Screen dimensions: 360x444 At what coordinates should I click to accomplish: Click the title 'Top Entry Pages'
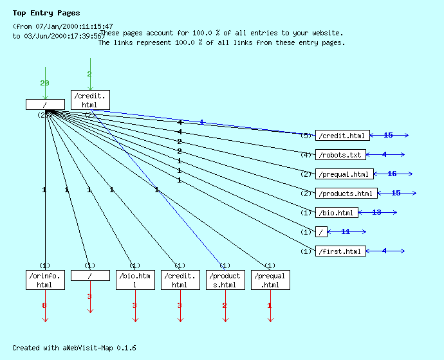point(46,13)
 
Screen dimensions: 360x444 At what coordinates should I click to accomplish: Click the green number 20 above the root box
point(44,83)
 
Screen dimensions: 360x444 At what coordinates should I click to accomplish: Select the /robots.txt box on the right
point(340,155)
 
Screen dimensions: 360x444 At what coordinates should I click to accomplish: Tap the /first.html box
point(340,251)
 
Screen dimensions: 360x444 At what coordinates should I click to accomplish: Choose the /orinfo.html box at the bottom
point(45,280)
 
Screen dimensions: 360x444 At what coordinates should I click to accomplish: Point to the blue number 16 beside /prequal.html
point(392,174)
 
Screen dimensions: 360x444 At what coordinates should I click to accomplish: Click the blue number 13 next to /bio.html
point(376,212)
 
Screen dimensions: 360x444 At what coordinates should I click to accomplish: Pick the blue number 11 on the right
point(346,231)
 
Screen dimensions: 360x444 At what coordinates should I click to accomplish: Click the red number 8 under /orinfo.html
point(44,305)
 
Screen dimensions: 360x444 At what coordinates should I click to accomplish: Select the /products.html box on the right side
point(346,194)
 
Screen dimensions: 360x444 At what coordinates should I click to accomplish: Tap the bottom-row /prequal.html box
point(270,280)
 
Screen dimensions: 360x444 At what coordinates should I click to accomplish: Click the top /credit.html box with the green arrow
point(90,100)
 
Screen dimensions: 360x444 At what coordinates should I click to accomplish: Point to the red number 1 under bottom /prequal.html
point(270,305)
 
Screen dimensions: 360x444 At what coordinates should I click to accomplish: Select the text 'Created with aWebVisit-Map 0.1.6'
point(74,348)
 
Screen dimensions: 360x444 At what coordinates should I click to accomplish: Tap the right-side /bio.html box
point(337,213)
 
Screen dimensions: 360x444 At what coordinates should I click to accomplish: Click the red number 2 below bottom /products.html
point(225,305)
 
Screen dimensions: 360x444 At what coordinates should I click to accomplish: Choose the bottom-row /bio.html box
point(135,280)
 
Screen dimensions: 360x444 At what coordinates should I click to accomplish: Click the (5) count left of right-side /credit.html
point(306,136)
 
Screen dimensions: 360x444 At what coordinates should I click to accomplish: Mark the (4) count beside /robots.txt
point(306,155)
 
